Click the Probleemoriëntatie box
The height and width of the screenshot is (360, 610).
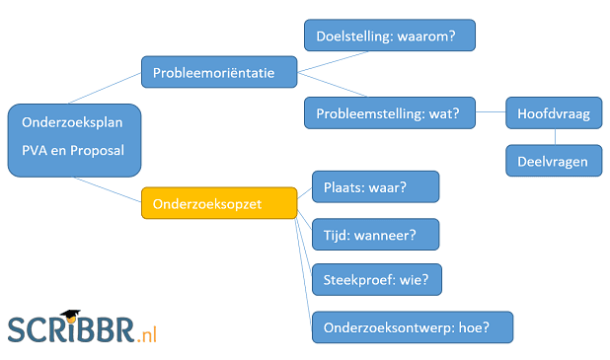tap(220, 72)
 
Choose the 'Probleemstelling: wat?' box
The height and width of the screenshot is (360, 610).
tap(389, 113)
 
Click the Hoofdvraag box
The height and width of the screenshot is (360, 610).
tap(553, 113)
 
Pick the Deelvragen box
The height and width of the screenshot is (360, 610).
tap(553, 160)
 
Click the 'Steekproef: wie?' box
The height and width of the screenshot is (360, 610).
tap(376, 280)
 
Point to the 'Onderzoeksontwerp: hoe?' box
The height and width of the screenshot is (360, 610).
tap(413, 326)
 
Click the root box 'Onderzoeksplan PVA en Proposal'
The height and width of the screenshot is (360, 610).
tap(74, 140)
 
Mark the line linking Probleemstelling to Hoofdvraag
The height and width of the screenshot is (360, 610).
tap(490, 113)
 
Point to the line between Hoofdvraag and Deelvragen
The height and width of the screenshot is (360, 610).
tap(553, 137)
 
